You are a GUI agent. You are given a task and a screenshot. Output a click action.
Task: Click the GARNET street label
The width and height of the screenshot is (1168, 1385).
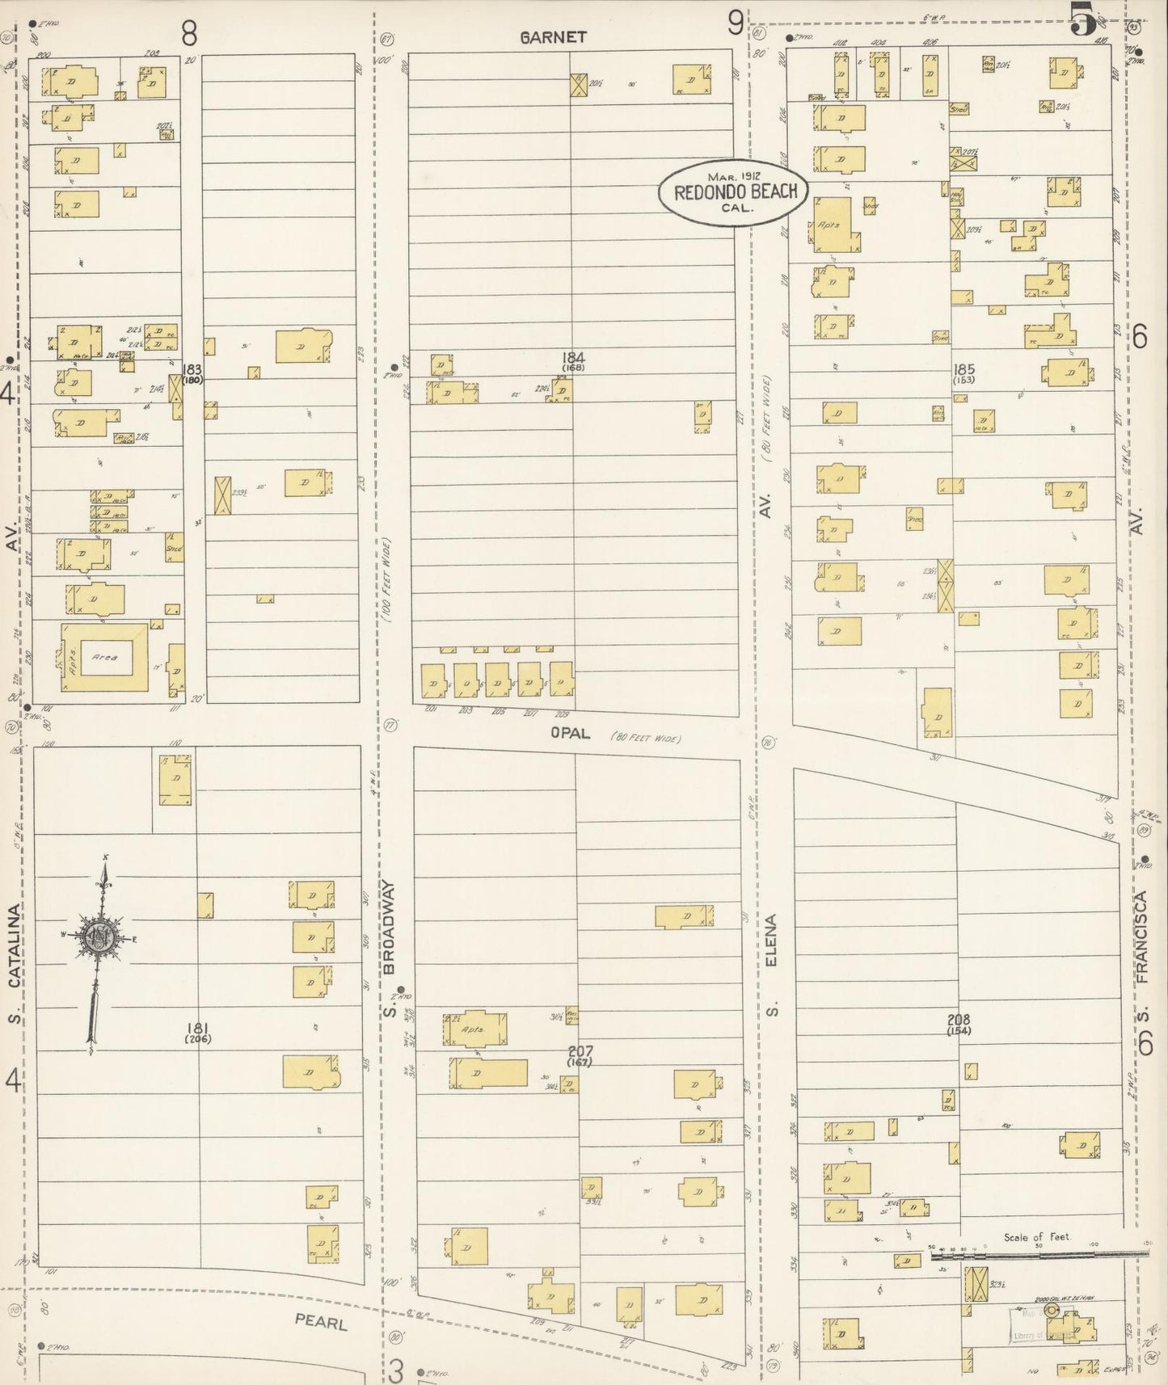[554, 37]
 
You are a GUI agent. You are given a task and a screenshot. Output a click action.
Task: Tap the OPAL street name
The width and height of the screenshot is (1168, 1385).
[571, 734]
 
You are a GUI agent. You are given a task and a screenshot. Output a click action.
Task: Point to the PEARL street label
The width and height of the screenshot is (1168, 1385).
[321, 1324]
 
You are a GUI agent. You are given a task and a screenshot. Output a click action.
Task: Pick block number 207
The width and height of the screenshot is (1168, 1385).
[580, 1050]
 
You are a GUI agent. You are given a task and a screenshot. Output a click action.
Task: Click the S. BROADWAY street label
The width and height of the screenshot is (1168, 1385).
[390, 949]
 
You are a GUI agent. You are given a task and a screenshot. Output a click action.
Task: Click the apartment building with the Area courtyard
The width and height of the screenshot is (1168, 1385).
[104, 657]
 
